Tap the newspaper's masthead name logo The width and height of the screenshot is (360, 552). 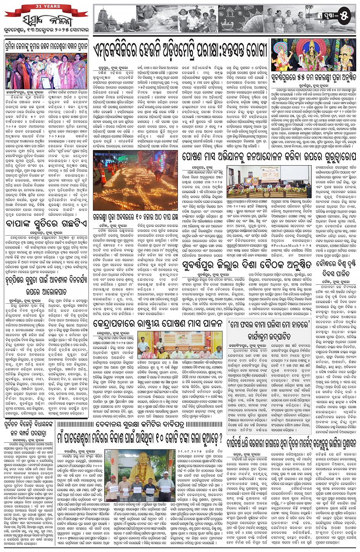(x=45, y=20)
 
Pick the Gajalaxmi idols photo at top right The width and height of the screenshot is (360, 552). (x=314, y=55)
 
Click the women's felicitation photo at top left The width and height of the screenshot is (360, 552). (x=46, y=71)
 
